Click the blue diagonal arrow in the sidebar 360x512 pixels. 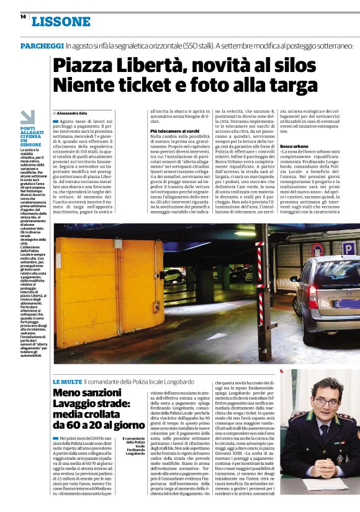pos(28,117)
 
